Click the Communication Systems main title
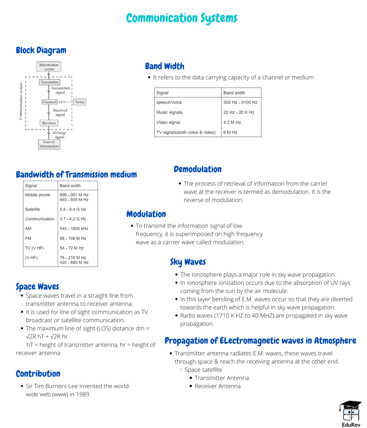pyautogui.click(x=182, y=18)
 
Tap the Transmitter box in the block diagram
pyautogui.click(x=49, y=82)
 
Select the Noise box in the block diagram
pyautogui.click(x=80, y=102)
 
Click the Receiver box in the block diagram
pyautogui.click(x=49, y=123)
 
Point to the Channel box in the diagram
pyautogui.click(x=49, y=102)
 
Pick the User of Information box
pyautogui.click(x=49, y=144)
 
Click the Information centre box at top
pyautogui.click(x=49, y=67)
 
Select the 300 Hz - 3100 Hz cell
pyautogui.click(x=240, y=102)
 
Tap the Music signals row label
pyautogui.click(x=169, y=112)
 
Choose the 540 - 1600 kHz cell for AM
pyautogui.click(x=74, y=229)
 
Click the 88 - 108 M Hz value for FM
pyautogui.click(x=73, y=238)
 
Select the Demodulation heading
pyautogui.click(x=197, y=169)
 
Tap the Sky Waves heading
pyautogui.click(x=188, y=262)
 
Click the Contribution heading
pyautogui.click(x=38, y=374)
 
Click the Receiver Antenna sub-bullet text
pyautogui.click(x=217, y=386)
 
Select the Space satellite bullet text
pyautogui.click(x=203, y=370)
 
